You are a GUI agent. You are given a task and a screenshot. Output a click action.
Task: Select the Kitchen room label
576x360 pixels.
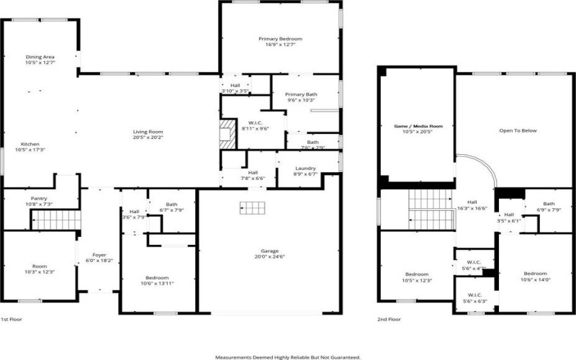(x=30, y=145)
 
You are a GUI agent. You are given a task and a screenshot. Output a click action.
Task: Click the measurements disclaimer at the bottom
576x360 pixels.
(x=288, y=356)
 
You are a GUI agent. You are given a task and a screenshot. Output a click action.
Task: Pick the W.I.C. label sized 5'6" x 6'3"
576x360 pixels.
(x=474, y=297)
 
